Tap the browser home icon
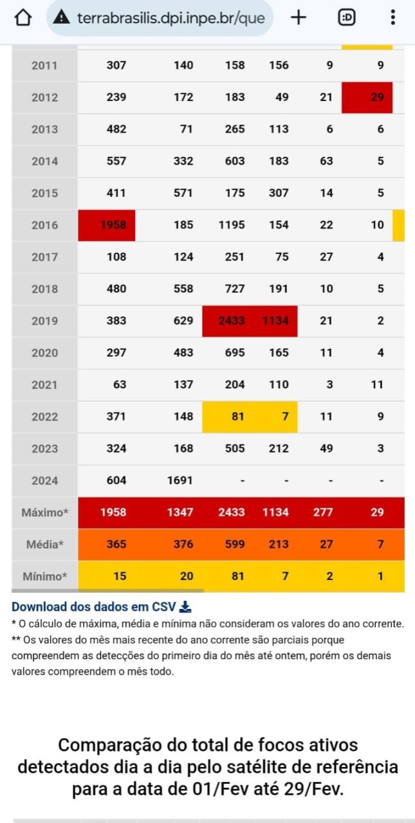[x=23, y=18]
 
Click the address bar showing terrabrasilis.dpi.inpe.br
[x=161, y=18]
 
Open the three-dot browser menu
[x=392, y=18]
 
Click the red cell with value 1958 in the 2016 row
[x=107, y=225]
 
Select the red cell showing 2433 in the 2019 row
[x=230, y=321]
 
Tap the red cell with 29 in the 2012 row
[x=367, y=98]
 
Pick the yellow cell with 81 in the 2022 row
[x=230, y=417]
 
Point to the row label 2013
[x=44, y=129]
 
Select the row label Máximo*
[x=44, y=512]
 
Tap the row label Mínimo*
[x=44, y=576]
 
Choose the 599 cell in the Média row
[x=235, y=545]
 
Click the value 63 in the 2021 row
[x=119, y=384]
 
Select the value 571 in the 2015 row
[x=183, y=193]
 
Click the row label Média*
[x=44, y=545]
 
